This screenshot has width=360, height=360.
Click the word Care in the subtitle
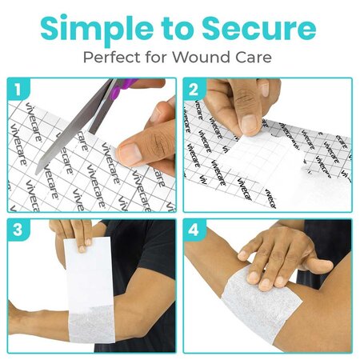(x=258, y=58)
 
